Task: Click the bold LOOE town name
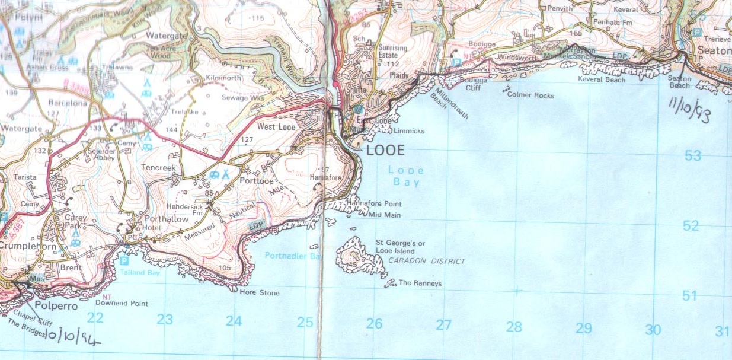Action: pos(386,150)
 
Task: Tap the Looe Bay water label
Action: pos(406,176)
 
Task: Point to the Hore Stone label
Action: pos(259,293)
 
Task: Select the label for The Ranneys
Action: pos(420,283)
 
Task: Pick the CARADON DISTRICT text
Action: pos(427,261)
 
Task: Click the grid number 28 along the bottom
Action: pos(514,327)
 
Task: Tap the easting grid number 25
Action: pos(305,323)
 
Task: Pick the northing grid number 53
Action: pos(692,156)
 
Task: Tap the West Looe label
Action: pos(276,126)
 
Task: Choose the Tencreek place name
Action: pos(158,168)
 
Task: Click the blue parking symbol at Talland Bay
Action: pos(124,261)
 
